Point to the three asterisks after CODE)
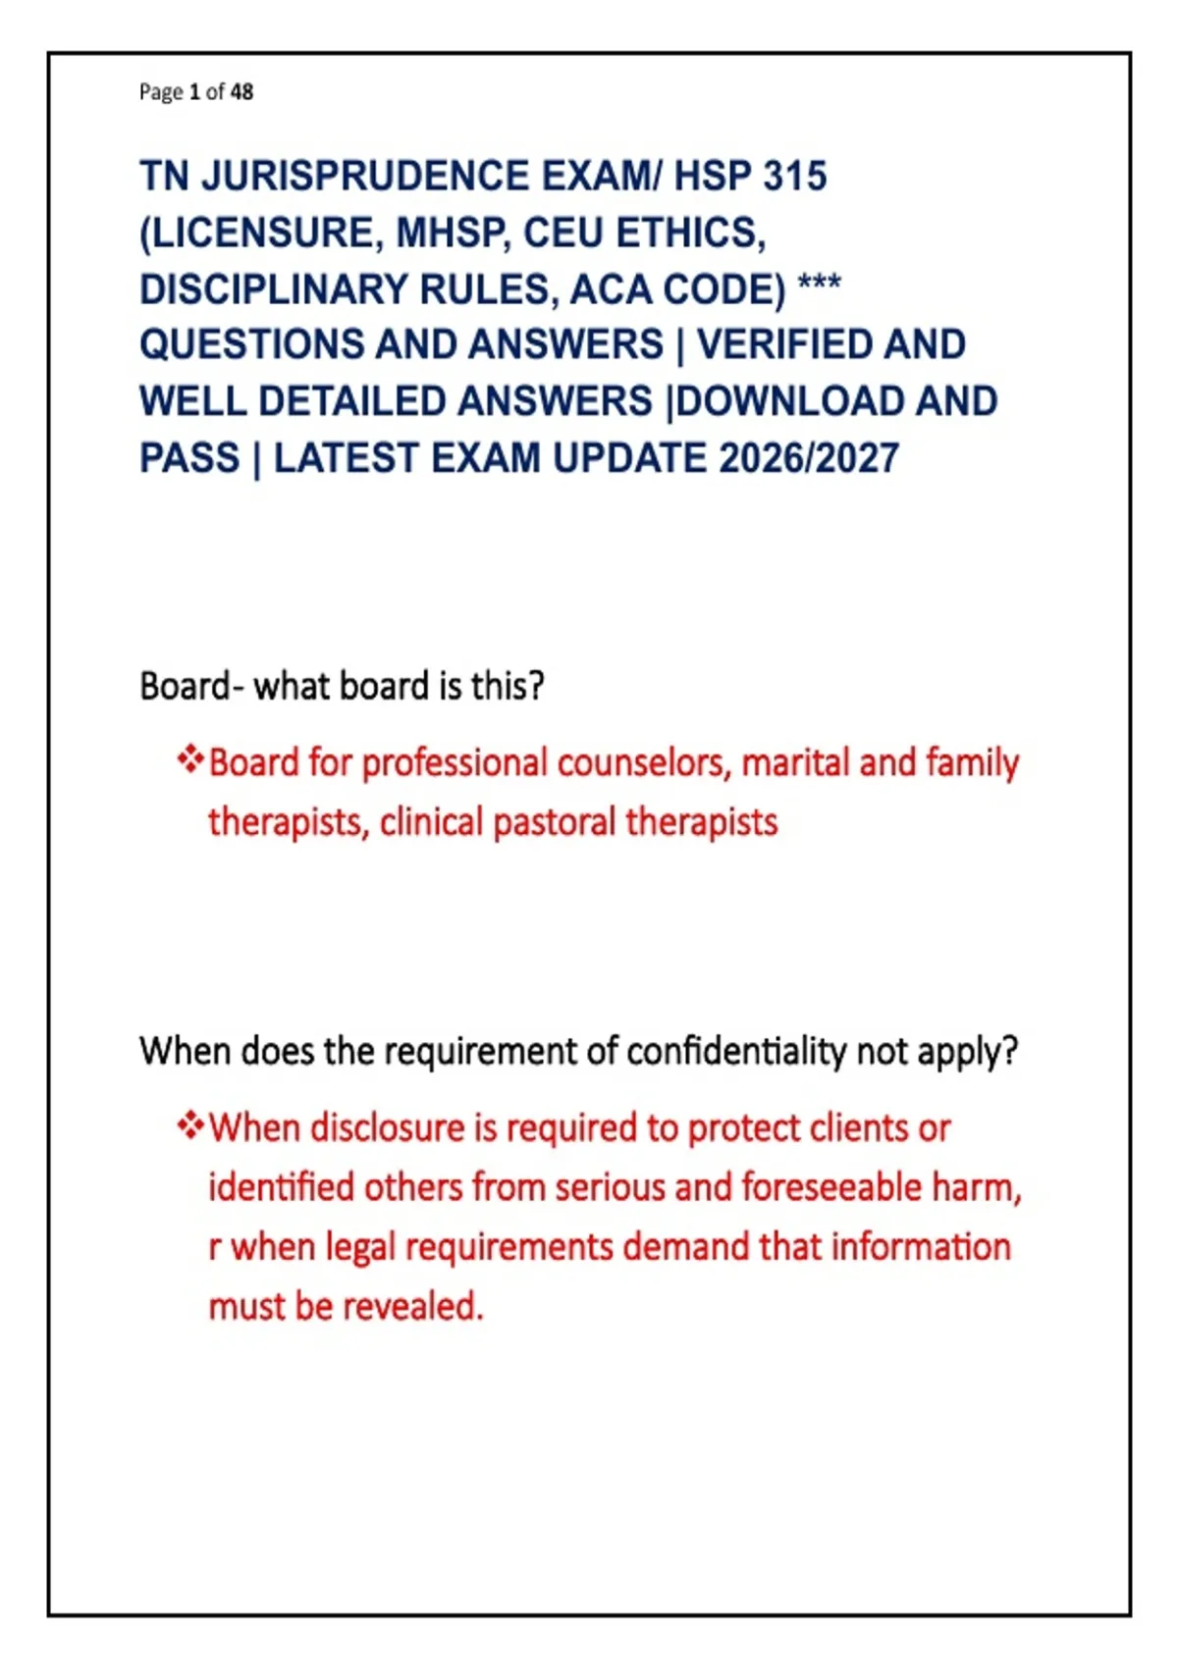tap(819, 284)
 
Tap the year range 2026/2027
tap(809, 458)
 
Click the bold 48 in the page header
tap(241, 92)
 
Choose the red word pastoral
tap(555, 823)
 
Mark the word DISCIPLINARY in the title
tap(274, 288)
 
